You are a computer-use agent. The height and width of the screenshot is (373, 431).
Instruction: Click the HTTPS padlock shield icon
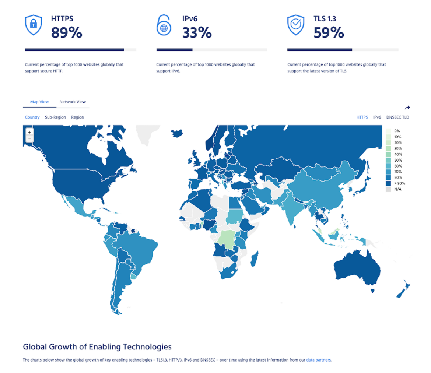(33, 25)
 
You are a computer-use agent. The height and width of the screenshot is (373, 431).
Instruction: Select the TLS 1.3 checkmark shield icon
(295, 25)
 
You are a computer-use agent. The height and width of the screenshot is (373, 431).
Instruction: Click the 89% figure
(66, 33)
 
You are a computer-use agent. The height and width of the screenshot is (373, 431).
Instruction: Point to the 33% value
(197, 33)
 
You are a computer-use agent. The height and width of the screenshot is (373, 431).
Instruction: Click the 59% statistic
(329, 33)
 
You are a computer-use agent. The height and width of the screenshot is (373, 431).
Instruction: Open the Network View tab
(73, 102)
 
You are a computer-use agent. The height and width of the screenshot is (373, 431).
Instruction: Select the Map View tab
(39, 102)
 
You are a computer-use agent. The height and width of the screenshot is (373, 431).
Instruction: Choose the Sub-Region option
(55, 117)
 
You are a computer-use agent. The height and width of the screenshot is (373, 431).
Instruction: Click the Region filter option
(77, 117)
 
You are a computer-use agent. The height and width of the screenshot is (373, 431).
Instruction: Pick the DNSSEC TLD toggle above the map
(397, 117)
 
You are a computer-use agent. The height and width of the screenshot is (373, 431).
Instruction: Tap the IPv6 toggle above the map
(377, 117)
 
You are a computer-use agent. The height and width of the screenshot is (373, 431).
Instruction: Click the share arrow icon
(407, 108)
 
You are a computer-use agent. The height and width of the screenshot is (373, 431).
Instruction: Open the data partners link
(319, 360)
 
